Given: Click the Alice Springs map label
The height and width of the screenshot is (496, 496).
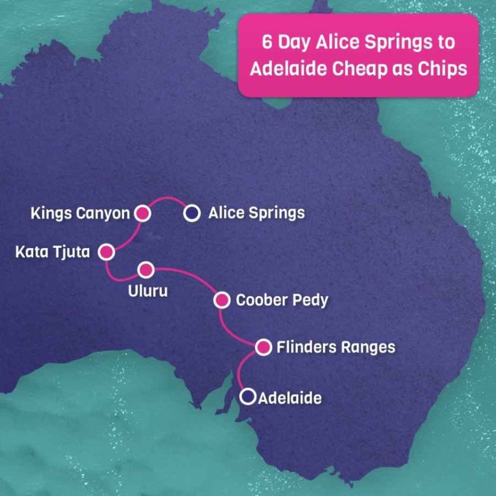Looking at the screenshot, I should [x=256, y=213].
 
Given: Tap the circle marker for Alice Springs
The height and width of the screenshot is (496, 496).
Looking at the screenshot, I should [x=192, y=213].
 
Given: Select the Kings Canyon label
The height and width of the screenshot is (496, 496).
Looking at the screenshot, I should [x=80, y=213].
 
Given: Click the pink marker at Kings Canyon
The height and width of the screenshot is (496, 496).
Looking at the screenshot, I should [x=143, y=213].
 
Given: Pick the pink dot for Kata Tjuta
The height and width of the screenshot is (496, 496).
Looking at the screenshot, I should [x=106, y=252].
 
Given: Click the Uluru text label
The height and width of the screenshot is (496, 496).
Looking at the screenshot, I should [x=147, y=290].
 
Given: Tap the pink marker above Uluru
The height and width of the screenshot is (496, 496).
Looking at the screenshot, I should [x=146, y=269].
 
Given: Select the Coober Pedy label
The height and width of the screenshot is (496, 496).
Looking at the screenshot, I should [x=282, y=300].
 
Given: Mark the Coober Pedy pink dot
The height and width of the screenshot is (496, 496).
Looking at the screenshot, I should [x=222, y=300].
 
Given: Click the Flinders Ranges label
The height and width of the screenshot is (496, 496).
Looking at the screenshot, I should [x=336, y=347].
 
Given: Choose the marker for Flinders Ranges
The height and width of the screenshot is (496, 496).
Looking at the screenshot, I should [x=264, y=347].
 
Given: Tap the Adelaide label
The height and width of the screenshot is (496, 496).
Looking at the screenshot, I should [x=290, y=397].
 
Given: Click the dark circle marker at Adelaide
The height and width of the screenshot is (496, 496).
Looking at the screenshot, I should [x=249, y=396].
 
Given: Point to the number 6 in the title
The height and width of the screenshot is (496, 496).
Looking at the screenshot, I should [x=266, y=44].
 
